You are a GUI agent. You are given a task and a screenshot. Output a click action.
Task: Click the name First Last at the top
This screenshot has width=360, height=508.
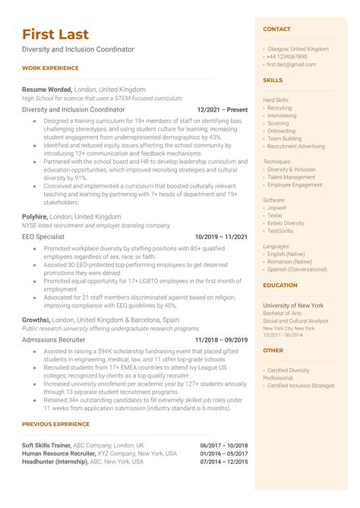coord(55,34)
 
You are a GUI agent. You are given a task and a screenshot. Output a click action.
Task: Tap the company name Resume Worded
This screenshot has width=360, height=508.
coord(47,88)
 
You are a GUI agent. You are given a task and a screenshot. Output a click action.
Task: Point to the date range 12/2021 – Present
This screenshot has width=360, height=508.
coord(222,109)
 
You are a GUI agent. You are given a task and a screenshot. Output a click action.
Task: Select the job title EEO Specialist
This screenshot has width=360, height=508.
coord(43,237)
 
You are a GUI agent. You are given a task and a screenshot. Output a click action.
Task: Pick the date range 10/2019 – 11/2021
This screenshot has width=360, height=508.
coord(221,237)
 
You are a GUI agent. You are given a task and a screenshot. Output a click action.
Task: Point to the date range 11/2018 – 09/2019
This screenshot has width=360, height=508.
coord(221,340)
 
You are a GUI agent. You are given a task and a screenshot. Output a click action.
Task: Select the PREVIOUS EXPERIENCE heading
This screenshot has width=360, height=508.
coord(55,424)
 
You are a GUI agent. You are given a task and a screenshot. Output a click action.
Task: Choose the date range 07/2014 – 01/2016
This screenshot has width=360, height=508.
coord(224,462)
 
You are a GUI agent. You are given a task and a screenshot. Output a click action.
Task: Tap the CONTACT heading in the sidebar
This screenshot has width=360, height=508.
coord(276,29)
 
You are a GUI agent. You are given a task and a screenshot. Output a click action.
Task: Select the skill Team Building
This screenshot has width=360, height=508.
coord(284,139)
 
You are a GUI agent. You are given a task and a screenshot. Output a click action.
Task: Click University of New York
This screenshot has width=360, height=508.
coord(293,305)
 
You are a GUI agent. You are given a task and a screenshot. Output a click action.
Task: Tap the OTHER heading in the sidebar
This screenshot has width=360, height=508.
coord(273,351)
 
